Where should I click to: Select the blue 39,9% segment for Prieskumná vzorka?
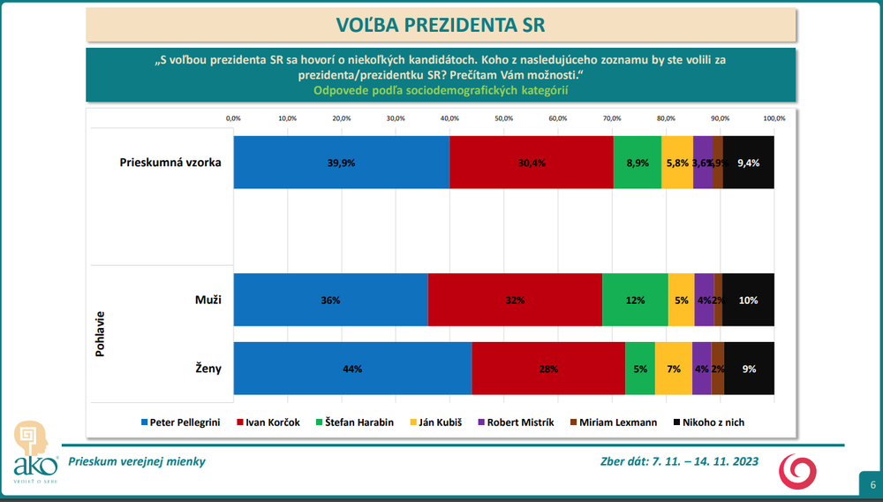tap(342, 163)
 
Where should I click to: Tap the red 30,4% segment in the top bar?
tap(532, 163)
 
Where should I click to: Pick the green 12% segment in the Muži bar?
tap(635, 300)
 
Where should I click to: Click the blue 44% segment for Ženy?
tap(352, 369)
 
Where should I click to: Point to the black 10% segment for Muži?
tap(748, 300)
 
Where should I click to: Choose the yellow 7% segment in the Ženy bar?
tap(674, 369)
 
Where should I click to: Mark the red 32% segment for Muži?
tap(515, 300)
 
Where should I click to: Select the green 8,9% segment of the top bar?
tap(638, 163)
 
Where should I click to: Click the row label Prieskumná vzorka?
tap(170, 163)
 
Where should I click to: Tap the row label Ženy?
tap(208, 369)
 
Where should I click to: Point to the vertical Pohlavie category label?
tap(99, 334)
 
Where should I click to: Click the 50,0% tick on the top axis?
tap(503, 118)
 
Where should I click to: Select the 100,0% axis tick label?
tap(774, 118)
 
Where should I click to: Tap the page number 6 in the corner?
tap(872, 484)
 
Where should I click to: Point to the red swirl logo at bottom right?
tap(797, 472)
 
